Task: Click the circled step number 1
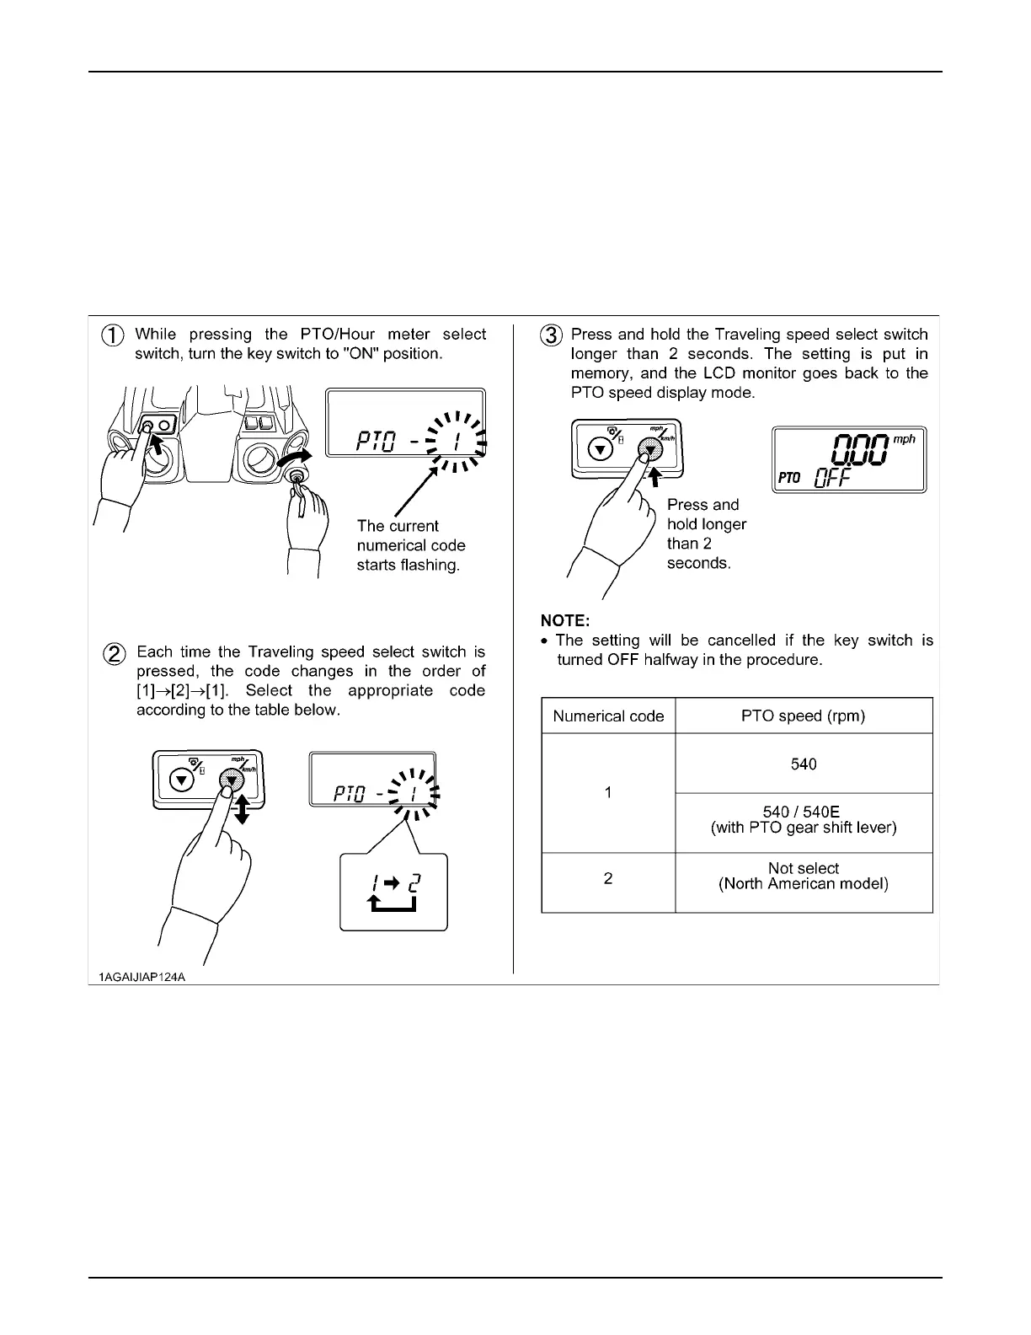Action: (114, 335)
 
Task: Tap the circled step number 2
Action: (115, 653)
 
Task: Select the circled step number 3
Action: (551, 335)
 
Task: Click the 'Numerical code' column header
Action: (608, 716)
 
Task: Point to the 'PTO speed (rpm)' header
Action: (804, 716)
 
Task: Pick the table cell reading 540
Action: (804, 764)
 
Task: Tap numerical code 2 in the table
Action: (608, 879)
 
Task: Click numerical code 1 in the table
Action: (608, 793)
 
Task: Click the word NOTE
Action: (565, 622)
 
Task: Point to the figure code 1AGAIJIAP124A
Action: (136, 977)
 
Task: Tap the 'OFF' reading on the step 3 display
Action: (833, 478)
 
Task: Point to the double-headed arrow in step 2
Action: (243, 808)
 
